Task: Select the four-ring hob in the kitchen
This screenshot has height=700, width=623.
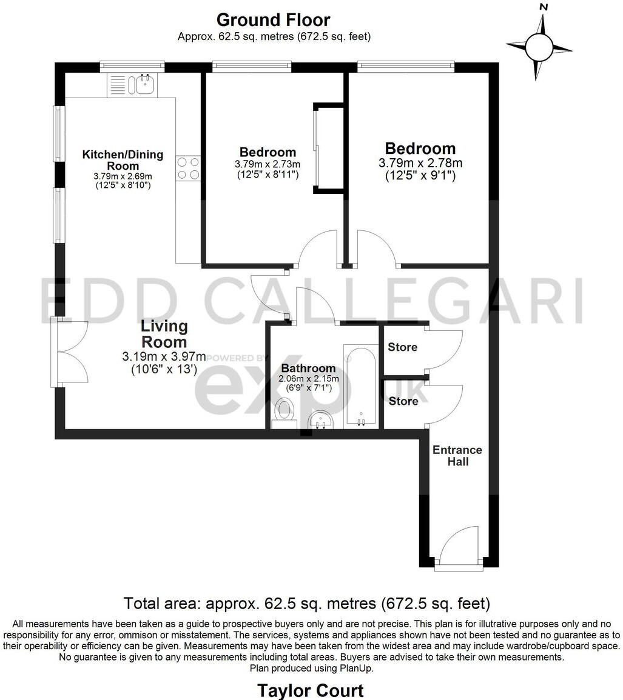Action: click(x=188, y=168)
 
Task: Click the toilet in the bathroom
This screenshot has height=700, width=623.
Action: click(x=283, y=411)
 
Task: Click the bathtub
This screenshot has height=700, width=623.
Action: click(x=360, y=385)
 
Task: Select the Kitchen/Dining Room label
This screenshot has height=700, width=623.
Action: click(x=123, y=160)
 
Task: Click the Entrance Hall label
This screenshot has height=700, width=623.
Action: click(x=457, y=456)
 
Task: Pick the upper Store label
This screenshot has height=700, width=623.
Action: click(x=403, y=347)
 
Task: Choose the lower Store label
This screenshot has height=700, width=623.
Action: click(x=403, y=401)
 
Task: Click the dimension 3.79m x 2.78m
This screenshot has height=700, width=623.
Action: click(x=420, y=163)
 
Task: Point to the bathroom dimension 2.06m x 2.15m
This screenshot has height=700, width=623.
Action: click(x=308, y=379)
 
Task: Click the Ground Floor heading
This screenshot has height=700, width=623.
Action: click(x=273, y=20)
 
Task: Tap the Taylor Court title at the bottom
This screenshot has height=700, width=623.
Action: click(x=311, y=690)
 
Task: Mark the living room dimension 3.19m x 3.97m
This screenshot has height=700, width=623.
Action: click(x=164, y=356)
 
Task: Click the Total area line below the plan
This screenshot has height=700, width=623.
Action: click(x=306, y=604)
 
